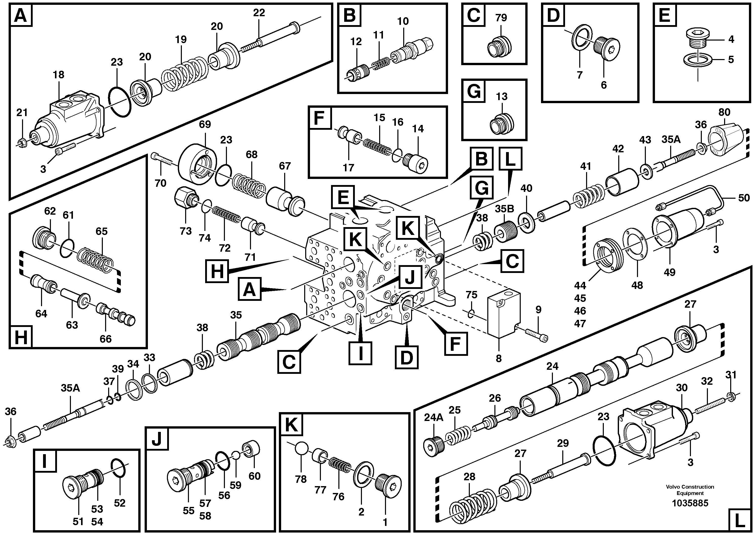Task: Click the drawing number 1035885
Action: pos(690,503)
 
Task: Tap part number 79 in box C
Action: pos(501,18)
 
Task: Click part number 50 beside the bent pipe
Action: pos(744,198)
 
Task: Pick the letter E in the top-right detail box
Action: pos(665,15)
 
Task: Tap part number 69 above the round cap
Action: pos(205,124)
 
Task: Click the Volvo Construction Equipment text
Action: pos(690,490)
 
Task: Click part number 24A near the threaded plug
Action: pos(434,417)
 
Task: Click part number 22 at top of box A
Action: pos(259,12)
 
